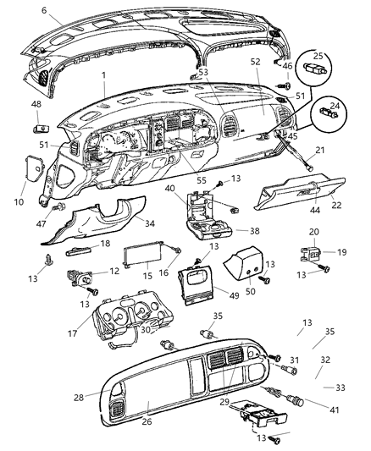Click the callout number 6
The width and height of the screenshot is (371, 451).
click(x=44, y=10)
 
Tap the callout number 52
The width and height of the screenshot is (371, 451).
click(x=255, y=62)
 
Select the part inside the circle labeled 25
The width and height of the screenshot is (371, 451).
click(x=314, y=69)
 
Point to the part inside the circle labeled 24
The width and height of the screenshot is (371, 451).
click(x=329, y=112)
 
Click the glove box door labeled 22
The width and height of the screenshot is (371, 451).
click(x=299, y=193)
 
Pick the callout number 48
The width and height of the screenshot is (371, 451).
click(x=36, y=104)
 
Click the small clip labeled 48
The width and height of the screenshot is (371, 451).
click(x=42, y=129)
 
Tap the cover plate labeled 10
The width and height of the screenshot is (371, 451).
click(x=35, y=168)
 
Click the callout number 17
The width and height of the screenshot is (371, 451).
click(x=72, y=333)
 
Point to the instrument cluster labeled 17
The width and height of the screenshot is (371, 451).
click(x=132, y=316)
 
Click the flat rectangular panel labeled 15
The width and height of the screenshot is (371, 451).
click(x=142, y=255)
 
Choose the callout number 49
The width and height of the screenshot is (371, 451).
click(x=235, y=295)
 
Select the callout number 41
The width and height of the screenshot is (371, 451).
click(x=334, y=410)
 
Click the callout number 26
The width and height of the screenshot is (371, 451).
click(x=147, y=421)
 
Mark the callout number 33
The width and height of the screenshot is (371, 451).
click(x=341, y=388)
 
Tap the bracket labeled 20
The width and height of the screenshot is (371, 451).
click(x=311, y=254)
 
